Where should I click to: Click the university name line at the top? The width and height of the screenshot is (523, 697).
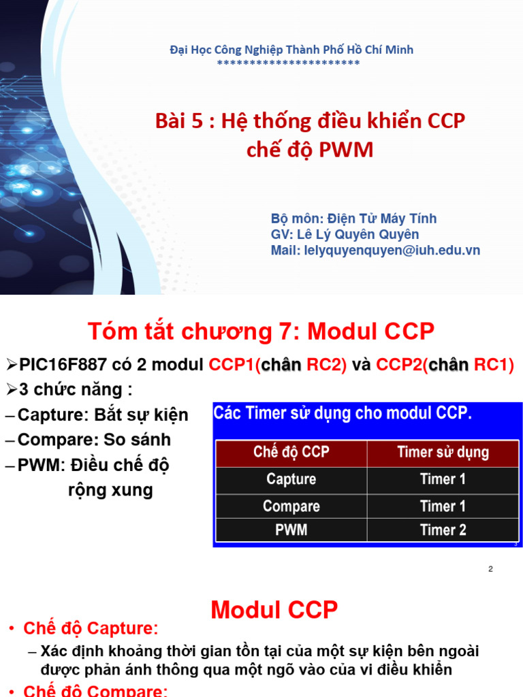(x=291, y=50)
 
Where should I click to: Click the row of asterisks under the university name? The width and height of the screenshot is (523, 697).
(x=288, y=63)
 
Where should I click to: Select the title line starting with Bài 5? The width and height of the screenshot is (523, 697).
(x=310, y=122)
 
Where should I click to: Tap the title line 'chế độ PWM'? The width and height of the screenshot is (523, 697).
(x=310, y=150)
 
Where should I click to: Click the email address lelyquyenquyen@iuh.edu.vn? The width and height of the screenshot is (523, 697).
(x=375, y=250)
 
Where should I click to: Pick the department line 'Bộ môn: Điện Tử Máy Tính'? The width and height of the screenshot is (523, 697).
(x=353, y=218)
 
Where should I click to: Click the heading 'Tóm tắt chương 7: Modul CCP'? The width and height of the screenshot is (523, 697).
(x=261, y=331)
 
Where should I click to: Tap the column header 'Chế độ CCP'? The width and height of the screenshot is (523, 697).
(x=291, y=453)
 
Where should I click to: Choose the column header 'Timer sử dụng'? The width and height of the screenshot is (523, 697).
(x=443, y=453)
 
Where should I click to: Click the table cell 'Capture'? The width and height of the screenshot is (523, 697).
(x=291, y=479)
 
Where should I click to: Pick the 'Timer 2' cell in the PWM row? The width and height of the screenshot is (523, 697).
(x=443, y=530)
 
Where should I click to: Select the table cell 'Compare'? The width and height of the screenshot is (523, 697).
(x=291, y=506)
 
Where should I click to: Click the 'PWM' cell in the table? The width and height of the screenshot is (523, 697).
(x=291, y=530)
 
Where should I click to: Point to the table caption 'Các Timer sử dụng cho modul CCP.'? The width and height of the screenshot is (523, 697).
(x=343, y=413)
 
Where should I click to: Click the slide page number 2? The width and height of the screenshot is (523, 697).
(x=490, y=569)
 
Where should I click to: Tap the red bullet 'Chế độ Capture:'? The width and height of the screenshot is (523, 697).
(x=91, y=628)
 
